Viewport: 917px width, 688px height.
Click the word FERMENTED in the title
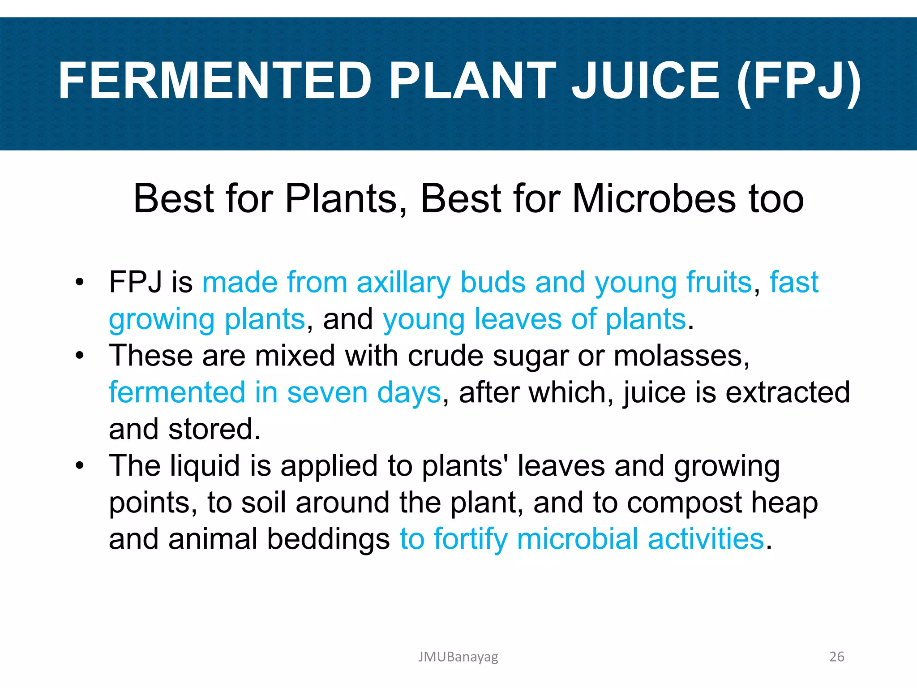215,81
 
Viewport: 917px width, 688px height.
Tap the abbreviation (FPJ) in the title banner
798,81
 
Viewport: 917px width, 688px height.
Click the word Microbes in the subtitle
654,198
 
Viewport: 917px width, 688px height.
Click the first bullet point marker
80,282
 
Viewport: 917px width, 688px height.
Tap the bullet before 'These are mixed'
80,356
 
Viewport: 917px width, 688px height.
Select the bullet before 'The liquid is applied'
80,466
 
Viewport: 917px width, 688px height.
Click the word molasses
681,357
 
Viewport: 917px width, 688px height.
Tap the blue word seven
328,393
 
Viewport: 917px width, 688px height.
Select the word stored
214,429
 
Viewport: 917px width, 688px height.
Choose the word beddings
328,539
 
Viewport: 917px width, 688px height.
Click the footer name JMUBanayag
458,657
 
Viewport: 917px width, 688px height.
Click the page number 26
836,657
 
